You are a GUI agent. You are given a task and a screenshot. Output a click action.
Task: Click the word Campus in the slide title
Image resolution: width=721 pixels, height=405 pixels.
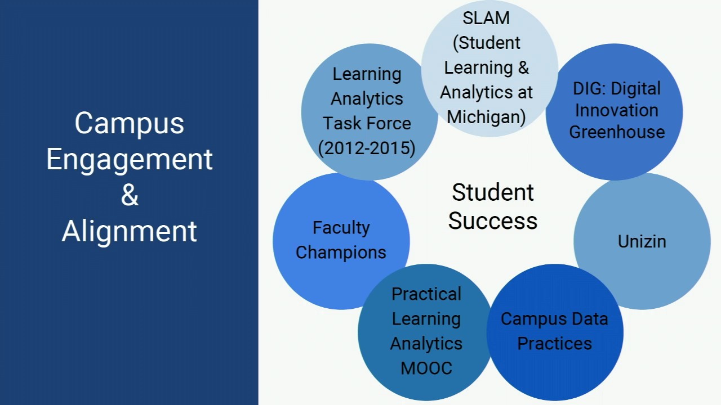pos(129,123)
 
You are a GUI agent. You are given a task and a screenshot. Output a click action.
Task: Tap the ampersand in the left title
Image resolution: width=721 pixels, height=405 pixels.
pos(130,195)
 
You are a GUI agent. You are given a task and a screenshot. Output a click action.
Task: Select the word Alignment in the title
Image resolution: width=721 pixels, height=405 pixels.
pos(129,231)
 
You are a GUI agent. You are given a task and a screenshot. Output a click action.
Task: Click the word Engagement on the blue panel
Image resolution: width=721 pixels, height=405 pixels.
pos(129,159)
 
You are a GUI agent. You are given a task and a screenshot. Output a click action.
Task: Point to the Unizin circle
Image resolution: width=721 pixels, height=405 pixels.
pos(642,241)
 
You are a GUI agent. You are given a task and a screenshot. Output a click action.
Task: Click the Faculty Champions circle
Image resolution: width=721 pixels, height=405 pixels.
pos(341,241)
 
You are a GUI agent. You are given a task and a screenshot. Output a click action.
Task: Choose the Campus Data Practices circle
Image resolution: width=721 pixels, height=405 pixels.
pos(554,332)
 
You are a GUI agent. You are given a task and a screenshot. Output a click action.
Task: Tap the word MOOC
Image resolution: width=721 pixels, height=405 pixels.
pos(426,368)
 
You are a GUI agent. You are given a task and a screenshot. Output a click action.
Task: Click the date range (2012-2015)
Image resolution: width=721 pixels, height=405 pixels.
pos(367,148)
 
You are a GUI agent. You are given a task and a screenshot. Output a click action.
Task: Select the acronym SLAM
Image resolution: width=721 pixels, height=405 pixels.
pos(486,18)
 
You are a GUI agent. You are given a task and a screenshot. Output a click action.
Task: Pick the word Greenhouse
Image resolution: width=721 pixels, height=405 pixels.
pos(617,132)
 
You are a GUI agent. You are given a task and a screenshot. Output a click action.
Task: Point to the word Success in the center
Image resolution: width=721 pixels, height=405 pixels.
pos(493,220)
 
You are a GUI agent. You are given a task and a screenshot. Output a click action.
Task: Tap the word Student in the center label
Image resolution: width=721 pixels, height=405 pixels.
pos(493,192)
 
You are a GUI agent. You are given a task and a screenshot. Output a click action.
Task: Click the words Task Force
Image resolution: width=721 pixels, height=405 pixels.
pos(367,123)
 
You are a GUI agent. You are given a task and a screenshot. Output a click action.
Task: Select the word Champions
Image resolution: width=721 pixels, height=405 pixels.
pos(341,253)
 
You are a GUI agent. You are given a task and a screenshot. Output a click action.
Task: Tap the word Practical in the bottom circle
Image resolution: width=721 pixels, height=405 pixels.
pos(426,294)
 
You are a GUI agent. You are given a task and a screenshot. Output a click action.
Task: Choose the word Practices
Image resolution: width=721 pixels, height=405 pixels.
pos(554,344)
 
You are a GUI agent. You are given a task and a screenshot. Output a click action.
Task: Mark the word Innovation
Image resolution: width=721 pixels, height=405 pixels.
pos(617,110)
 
